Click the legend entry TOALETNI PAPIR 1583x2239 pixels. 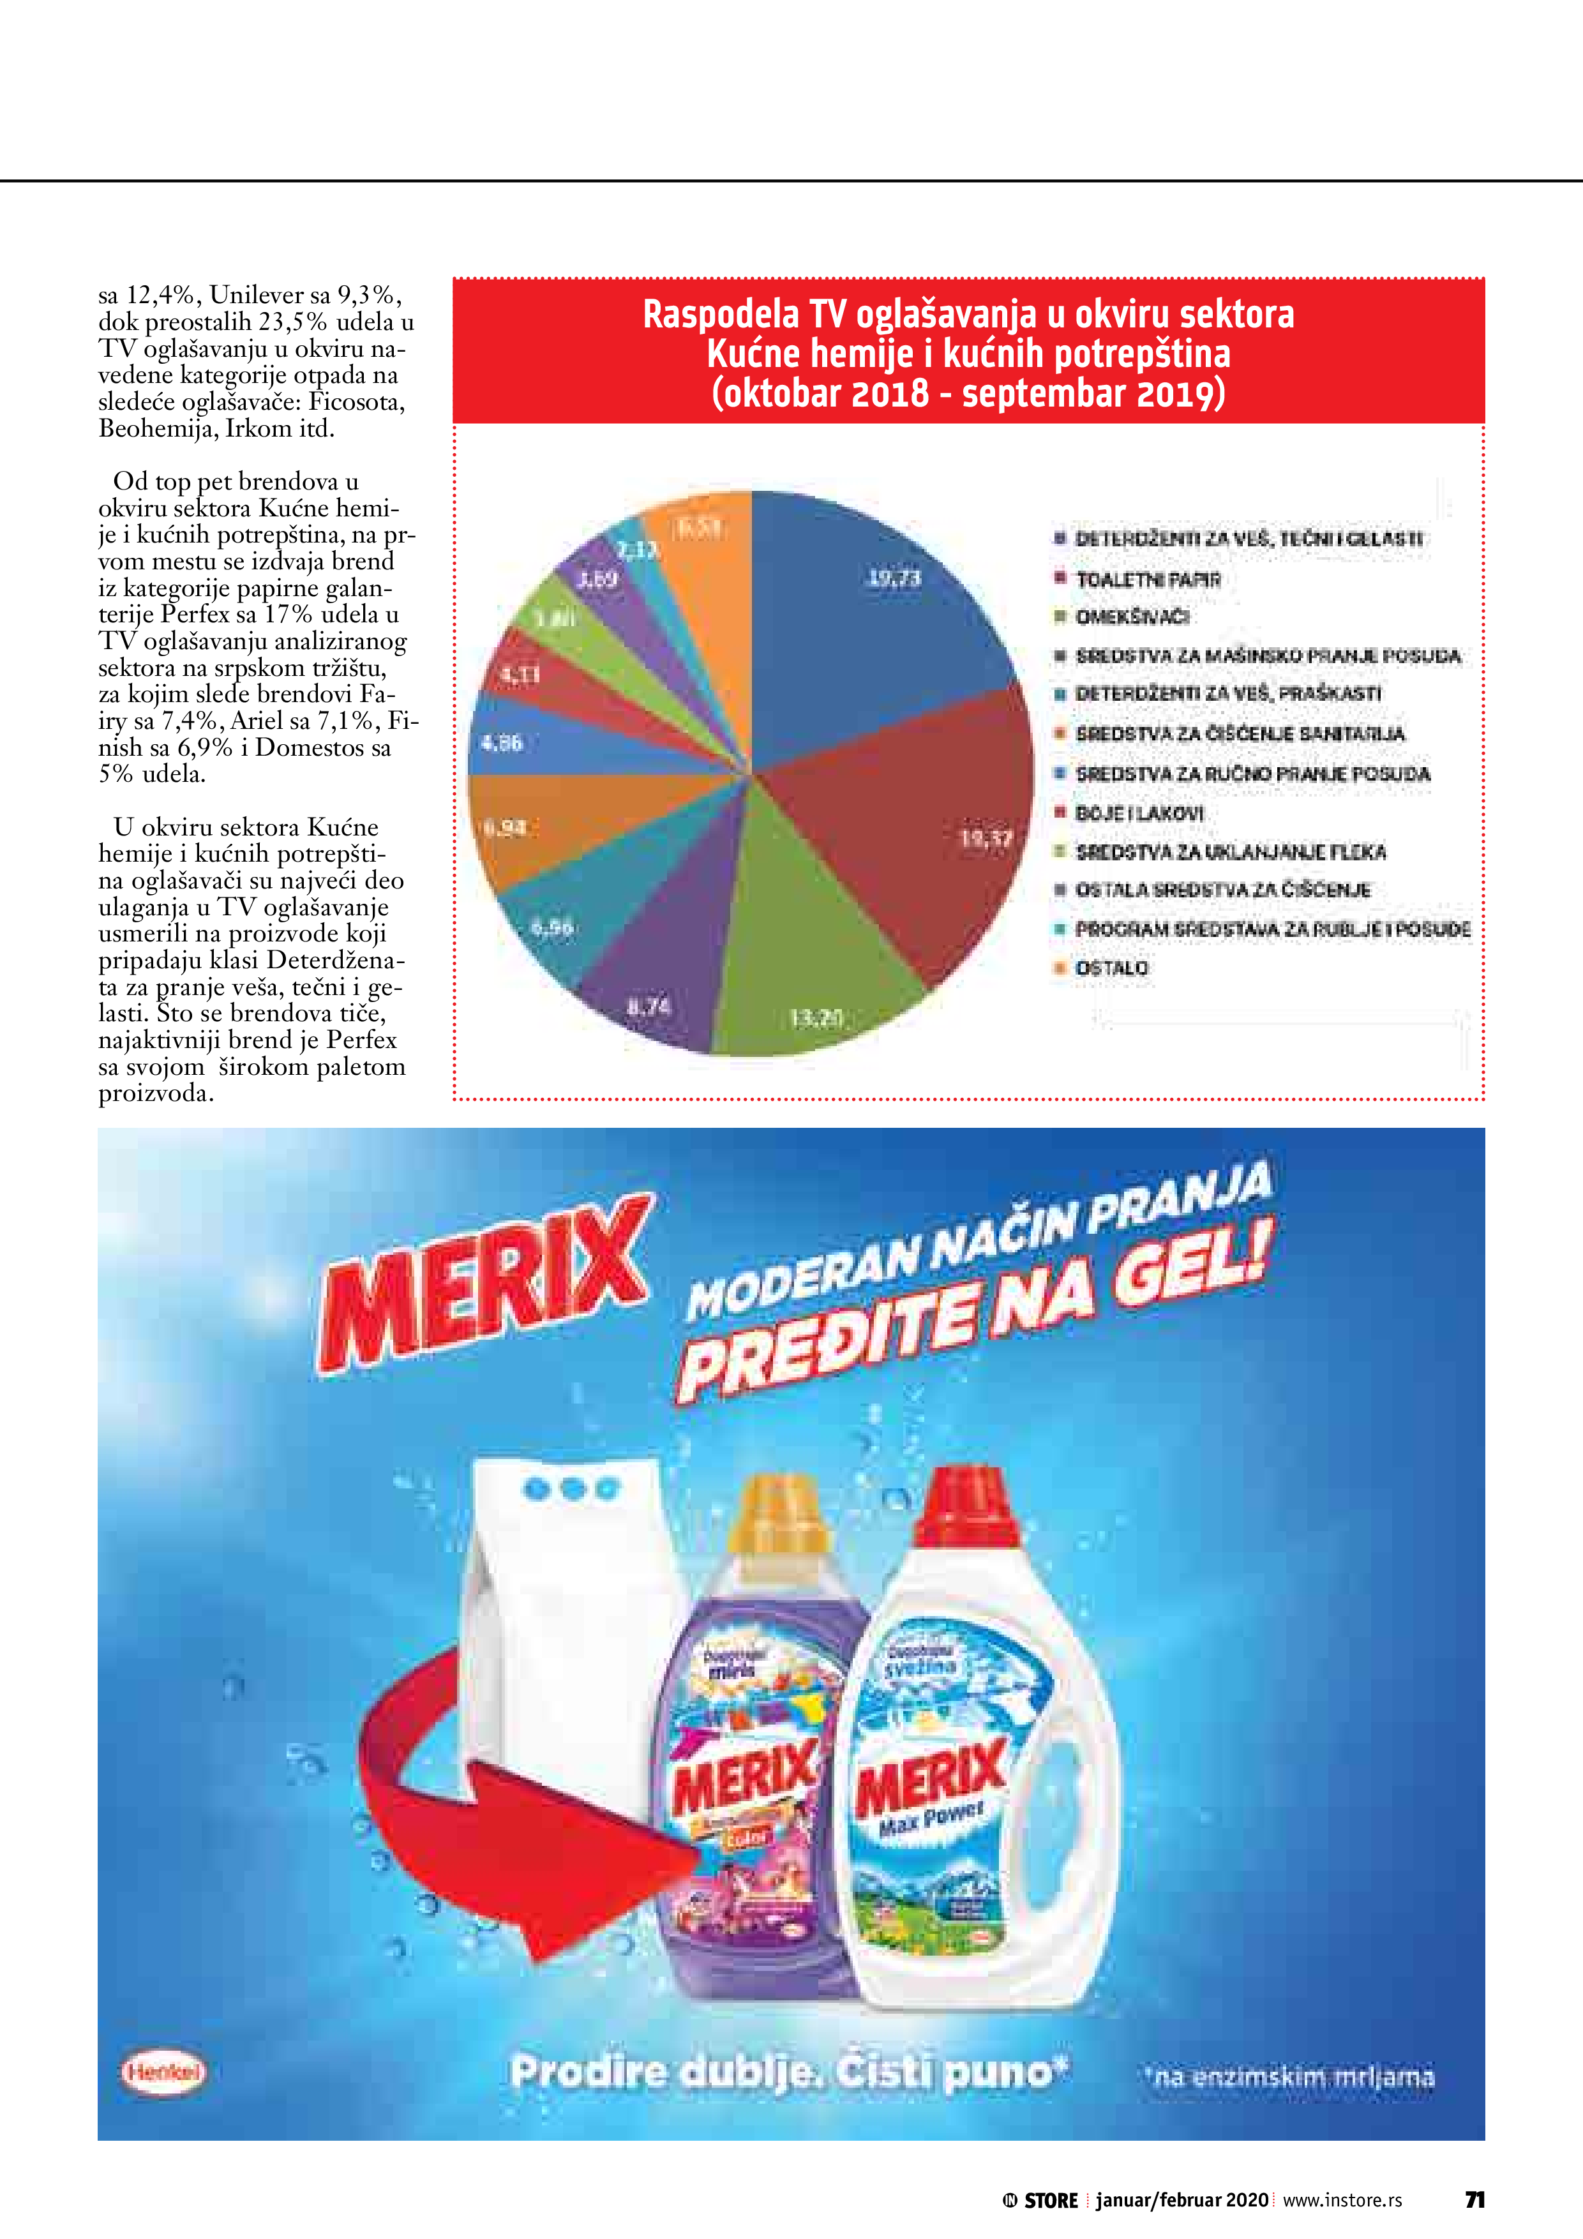(1147, 580)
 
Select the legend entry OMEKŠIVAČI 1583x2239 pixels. (1132, 617)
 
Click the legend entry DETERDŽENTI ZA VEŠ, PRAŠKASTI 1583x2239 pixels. (1227, 694)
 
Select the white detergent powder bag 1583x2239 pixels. (566, 1658)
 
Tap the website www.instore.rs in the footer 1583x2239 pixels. (1342, 2200)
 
